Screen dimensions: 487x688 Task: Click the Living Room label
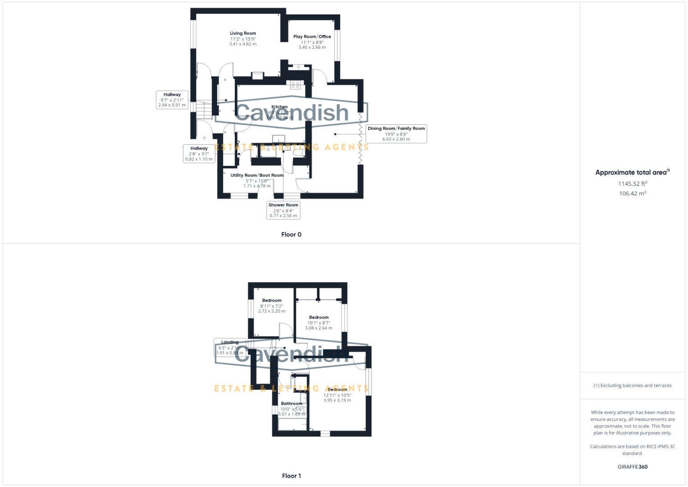click(x=243, y=33)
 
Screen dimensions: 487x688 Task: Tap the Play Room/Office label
click(x=312, y=37)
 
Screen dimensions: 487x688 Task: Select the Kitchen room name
click(x=279, y=107)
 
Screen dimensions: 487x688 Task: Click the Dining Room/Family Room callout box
click(x=396, y=134)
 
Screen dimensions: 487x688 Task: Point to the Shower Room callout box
click(x=283, y=210)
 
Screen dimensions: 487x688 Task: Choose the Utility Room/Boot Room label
click(x=257, y=175)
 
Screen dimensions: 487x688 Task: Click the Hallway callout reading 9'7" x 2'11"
click(x=172, y=100)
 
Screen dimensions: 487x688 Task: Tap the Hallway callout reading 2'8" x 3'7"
click(x=199, y=153)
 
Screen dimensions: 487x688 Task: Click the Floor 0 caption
click(x=291, y=234)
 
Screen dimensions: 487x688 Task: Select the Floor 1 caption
click(x=291, y=476)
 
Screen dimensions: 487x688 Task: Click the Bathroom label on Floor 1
click(x=292, y=404)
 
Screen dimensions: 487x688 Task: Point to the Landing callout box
click(x=230, y=347)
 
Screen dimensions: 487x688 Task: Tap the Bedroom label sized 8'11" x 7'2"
click(x=272, y=300)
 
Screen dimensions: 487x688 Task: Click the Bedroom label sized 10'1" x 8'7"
click(x=319, y=317)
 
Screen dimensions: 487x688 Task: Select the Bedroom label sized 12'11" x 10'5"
click(x=337, y=390)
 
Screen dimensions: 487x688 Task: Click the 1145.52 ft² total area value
click(x=632, y=184)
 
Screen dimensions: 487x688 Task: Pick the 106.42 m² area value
click(x=632, y=193)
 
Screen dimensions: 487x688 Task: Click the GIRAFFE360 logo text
click(x=632, y=467)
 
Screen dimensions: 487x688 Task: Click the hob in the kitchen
click(x=296, y=85)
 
